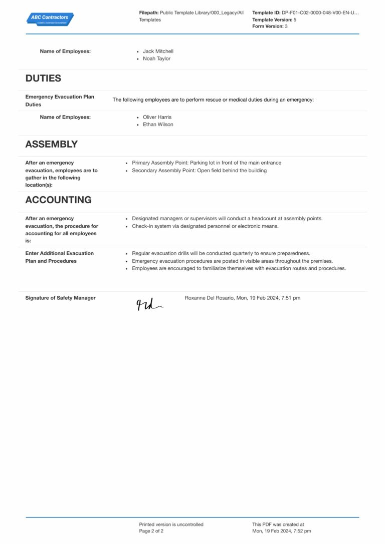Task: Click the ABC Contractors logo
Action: click(x=50, y=19)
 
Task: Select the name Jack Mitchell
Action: click(x=158, y=51)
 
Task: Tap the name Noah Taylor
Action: click(x=156, y=59)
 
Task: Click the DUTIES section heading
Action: click(x=43, y=78)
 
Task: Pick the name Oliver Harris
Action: click(x=157, y=117)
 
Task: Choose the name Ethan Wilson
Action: click(x=158, y=125)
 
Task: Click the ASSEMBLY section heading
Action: click(x=51, y=144)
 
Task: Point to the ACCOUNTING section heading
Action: click(x=58, y=200)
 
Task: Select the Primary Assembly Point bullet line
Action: click(x=206, y=163)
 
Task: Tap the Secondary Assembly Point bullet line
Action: click(x=199, y=171)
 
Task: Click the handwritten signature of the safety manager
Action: click(x=149, y=304)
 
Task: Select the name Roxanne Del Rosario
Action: click(x=207, y=298)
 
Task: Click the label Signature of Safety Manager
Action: click(x=60, y=298)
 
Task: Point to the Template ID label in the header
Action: click(x=266, y=13)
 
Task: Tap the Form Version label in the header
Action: click(x=268, y=27)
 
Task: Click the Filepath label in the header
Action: click(x=148, y=13)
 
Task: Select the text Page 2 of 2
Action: click(x=151, y=531)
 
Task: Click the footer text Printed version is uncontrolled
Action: click(x=171, y=524)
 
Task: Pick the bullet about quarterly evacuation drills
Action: click(x=221, y=253)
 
